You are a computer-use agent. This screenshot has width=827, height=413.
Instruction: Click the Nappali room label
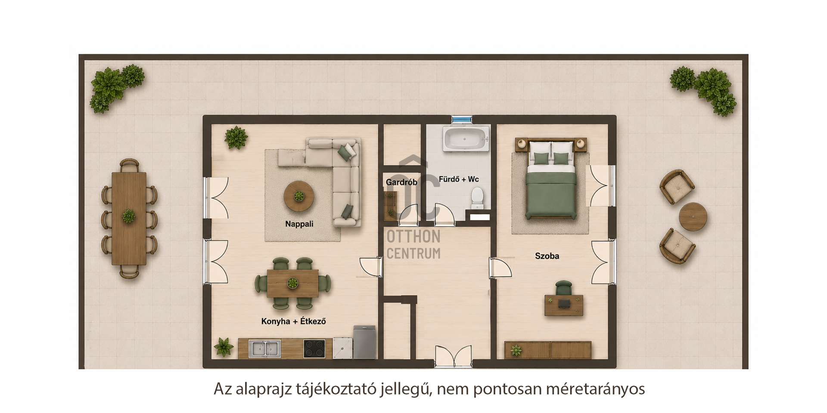tap(299, 224)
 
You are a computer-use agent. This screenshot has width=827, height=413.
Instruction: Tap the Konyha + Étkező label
tap(293, 321)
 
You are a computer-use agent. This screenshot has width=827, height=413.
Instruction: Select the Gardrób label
tap(401, 182)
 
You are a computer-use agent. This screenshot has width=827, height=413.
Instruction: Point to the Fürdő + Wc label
tap(459, 179)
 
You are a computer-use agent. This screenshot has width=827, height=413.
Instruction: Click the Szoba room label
tap(547, 256)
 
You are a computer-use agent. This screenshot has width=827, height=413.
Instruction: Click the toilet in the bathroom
tap(477, 198)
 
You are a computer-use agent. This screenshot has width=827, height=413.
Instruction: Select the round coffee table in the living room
tap(298, 196)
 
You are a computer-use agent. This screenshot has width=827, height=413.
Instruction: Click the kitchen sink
tap(265, 348)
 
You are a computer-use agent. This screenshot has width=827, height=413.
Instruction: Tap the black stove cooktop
tap(314, 349)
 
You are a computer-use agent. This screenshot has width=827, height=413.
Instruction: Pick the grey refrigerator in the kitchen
tap(364, 342)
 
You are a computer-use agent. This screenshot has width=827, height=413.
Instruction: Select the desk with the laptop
tap(564, 305)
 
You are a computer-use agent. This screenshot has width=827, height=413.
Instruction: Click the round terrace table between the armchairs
tap(693, 217)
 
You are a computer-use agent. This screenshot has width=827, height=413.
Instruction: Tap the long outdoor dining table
tap(129, 219)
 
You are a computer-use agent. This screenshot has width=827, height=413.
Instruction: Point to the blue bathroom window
tap(462, 119)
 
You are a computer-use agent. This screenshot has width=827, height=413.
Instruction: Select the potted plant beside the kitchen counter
tap(224, 347)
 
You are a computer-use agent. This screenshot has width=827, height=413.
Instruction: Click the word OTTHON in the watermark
tap(413, 237)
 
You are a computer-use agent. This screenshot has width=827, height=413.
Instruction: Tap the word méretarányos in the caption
tap(595, 389)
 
